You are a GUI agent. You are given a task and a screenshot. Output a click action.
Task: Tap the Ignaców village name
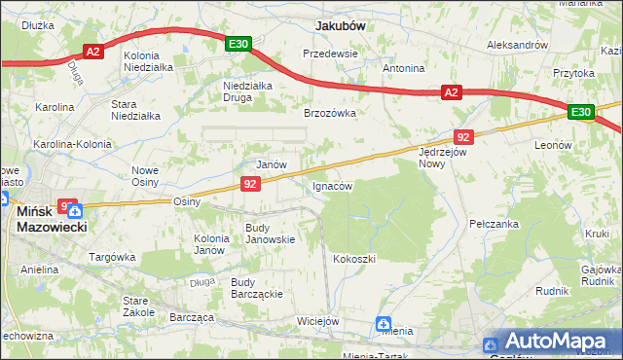click(332, 185)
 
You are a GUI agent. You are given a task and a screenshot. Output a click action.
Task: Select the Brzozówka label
click(330, 113)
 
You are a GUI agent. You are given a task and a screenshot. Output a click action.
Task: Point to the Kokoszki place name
click(354, 259)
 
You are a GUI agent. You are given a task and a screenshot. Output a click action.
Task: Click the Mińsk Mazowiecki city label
click(52, 218)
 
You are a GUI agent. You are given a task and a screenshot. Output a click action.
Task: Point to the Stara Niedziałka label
click(135, 109)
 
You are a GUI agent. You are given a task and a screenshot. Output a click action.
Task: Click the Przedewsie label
click(331, 54)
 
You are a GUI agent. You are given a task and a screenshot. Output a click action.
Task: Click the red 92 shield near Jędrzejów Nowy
click(464, 137)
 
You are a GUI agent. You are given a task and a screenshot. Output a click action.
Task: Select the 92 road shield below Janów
click(251, 183)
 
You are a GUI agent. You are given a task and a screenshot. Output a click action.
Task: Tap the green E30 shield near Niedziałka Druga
click(239, 44)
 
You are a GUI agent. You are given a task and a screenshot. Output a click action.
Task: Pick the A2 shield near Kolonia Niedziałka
click(93, 52)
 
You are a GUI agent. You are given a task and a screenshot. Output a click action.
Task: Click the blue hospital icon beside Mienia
click(385, 324)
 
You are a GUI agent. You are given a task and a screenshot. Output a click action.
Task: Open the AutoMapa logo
click(554, 342)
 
